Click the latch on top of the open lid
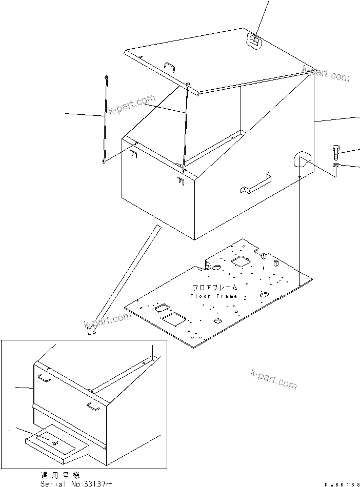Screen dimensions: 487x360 (x=254, y=39)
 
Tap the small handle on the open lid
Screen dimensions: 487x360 (x=170, y=66)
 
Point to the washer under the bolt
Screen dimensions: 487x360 (x=335, y=165)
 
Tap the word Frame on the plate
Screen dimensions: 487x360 (x=227, y=296)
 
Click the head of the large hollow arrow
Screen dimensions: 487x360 (x=92, y=331)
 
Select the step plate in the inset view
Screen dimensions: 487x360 (x=54, y=442)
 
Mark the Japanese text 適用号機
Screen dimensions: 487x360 (x=61, y=475)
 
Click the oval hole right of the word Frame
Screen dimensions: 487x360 (x=264, y=295)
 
